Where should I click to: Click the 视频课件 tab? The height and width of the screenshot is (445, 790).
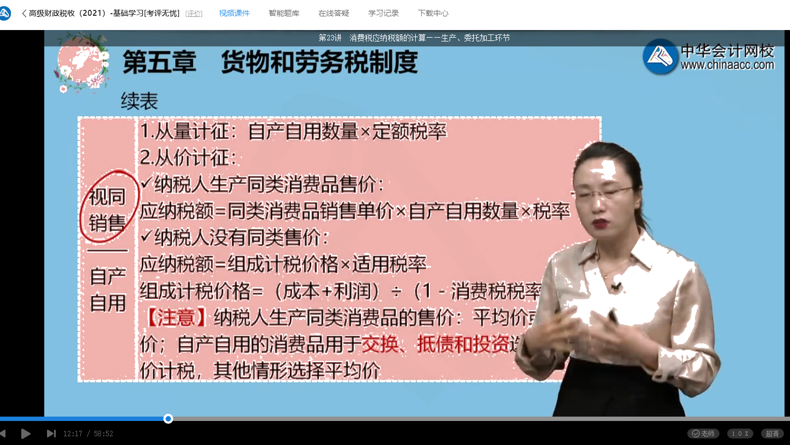[x=234, y=13]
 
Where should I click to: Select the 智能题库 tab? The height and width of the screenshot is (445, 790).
[x=284, y=13]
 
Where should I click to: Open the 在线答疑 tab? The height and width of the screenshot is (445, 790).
[x=333, y=13]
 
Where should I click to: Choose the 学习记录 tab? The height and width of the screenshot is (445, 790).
[x=383, y=13]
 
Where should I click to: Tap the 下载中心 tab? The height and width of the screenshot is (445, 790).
[x=433, y=13]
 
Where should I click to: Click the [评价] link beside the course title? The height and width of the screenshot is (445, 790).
[x=194, y=14]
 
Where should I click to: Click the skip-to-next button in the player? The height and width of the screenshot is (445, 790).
[x=51, y=434]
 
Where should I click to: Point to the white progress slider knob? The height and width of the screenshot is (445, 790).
[x=168, y=419]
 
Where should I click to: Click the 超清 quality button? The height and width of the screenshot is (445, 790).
[x=773, y=434]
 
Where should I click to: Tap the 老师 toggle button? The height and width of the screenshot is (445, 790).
[x=703, y=434]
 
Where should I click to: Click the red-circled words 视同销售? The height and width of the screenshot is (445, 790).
[x=107, y=210]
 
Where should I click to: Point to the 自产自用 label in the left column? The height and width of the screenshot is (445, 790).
[x=108, y=289]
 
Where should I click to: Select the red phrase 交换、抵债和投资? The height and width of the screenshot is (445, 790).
[x=435, y=344]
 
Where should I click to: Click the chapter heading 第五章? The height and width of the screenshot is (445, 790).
[x=159, y=62]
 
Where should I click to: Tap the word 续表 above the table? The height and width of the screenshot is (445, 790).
[x=139, y=102]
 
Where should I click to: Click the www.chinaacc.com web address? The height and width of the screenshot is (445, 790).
[x=727, y=65]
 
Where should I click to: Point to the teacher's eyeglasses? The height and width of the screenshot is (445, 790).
[x=608, y=192]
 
